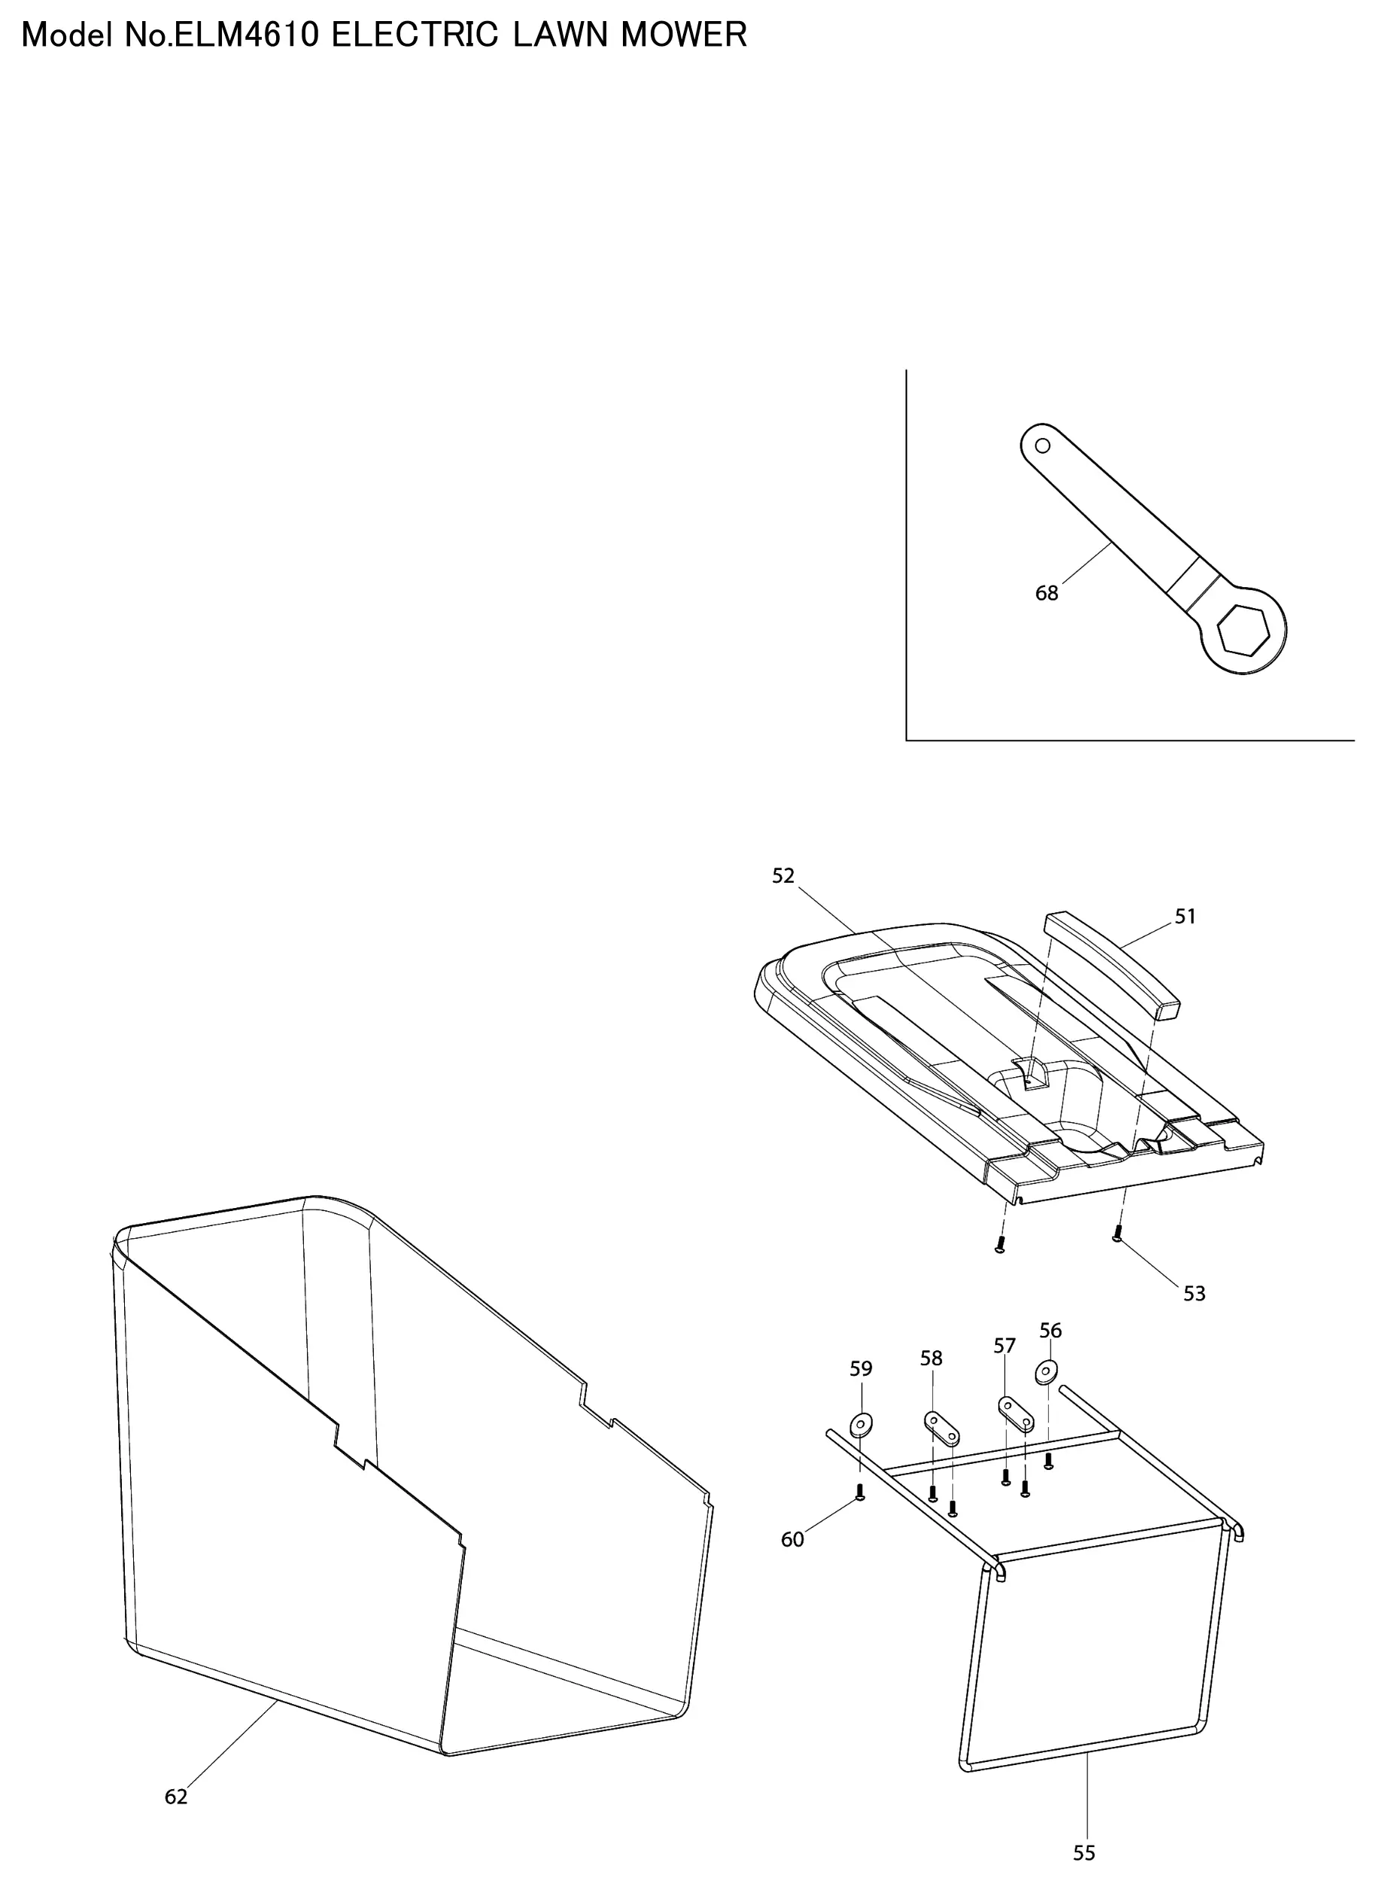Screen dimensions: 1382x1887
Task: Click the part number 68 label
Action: click(x=1046, y=593)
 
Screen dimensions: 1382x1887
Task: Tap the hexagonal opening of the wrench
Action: click(x=1245, y=630)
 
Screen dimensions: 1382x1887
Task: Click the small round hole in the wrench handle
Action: click(x=1043, y=445)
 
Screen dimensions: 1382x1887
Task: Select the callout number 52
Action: click(x=783, y=875)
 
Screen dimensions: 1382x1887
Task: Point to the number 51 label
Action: click(x=1186, y=916)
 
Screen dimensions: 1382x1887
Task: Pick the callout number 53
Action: click(x=1195, y=1294)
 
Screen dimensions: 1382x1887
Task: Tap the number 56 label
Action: click(x=1051, y=1331)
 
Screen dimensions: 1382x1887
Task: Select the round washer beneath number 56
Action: click(x=1046, y=1372)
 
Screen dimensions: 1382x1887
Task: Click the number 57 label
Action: click(x=1004, y=1346)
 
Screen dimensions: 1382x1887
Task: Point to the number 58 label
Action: click(x=931, y=1358)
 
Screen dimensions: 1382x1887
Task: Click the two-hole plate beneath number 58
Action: click(x=942, y=1428)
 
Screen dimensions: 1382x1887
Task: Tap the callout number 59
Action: click(x=861, y=1368)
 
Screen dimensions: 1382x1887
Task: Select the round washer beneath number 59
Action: click(x=861, y=1423)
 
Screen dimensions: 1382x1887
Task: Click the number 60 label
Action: click(x=792, y=1540)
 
